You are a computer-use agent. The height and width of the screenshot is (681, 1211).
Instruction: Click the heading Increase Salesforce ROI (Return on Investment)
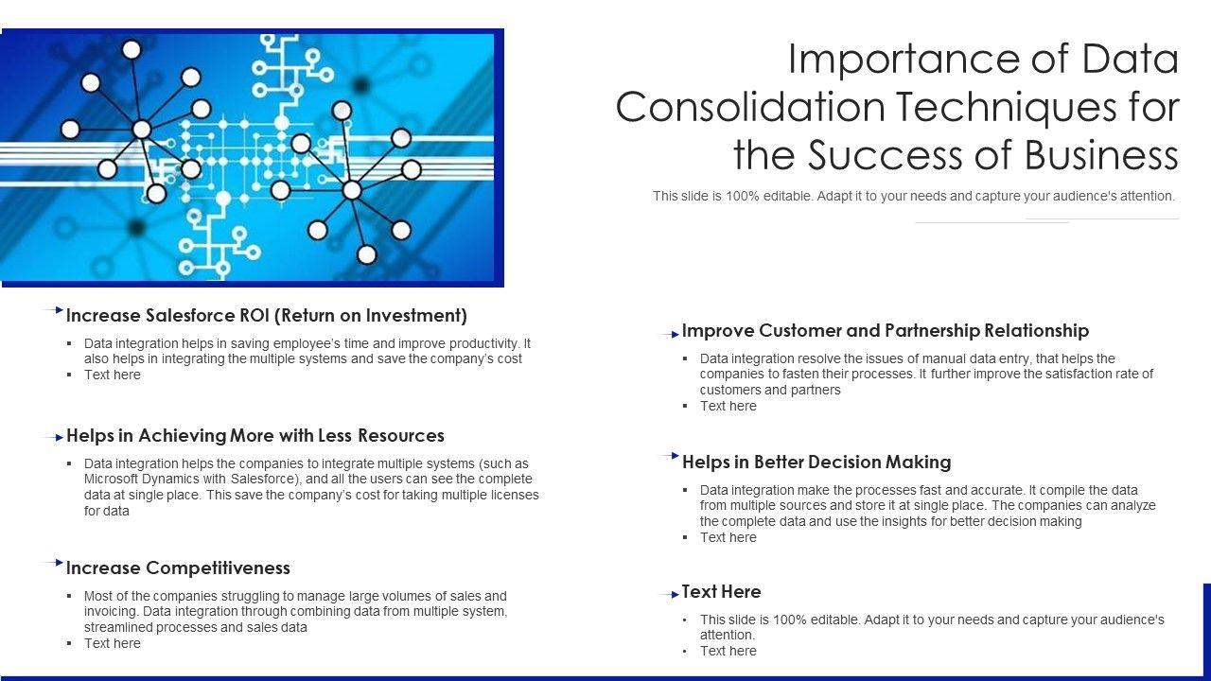pos(267,316)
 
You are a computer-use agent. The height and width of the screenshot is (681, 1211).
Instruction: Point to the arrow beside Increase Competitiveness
pos(53,563)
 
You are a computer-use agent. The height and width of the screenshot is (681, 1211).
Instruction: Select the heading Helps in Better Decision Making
pos(816,463)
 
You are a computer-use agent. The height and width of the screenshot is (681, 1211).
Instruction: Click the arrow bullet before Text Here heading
pos(669,595)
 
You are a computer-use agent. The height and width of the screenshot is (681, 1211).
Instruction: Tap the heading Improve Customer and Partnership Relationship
pos(886,331)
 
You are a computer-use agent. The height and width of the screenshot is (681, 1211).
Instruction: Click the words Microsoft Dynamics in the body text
pos(142,480)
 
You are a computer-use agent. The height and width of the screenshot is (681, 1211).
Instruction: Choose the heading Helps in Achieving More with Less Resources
pos(255,436)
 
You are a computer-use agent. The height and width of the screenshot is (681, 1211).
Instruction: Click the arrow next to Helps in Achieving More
pos(53,438)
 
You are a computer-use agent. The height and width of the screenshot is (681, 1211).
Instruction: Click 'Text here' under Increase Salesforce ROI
pos(112,375)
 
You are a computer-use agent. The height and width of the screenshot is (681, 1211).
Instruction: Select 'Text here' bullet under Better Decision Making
pos(728,538)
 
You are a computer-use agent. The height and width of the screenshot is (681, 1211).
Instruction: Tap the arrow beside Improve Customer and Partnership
pos(669,335)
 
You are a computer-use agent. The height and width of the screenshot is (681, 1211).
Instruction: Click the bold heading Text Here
pos(721,592)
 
